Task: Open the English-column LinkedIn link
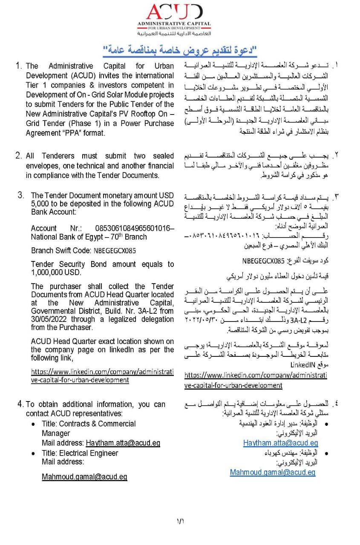pyautogui.click(x=102, y=376)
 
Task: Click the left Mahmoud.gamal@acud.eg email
pyautogui.click(x=84, y=477)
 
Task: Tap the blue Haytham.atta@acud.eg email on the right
pyautogui.click(x=281, y=443)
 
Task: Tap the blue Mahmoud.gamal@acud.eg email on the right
pyautogui.click(x=273, y=472)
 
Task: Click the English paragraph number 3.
pyautogui.click(x=21, y=195)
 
